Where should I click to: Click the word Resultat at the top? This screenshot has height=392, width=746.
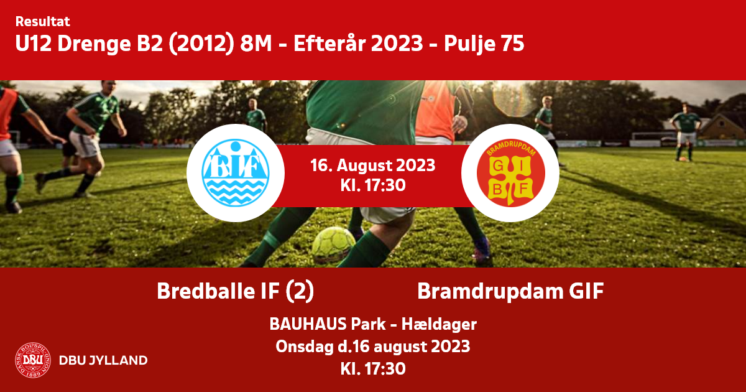43,22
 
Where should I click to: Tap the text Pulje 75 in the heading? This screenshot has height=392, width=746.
484,44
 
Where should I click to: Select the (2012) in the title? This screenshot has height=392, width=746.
201,44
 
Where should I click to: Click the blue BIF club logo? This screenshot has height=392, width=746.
235,173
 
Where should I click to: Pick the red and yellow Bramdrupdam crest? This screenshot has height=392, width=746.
510,173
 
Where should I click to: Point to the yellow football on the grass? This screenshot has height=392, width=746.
334,245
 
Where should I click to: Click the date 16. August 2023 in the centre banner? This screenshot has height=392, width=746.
372,166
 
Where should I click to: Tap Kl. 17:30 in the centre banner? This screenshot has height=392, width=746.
372,185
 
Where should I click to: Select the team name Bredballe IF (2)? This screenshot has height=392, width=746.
235,291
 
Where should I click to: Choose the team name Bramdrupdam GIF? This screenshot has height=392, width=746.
510,291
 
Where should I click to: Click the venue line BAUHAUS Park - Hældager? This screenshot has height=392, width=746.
373,324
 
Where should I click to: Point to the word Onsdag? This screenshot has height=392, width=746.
305,347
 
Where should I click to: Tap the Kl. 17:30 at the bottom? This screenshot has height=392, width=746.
373,369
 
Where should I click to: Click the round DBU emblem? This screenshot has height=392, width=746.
33,360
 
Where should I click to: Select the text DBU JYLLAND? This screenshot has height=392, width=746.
103,360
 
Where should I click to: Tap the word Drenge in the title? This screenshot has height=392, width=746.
94,44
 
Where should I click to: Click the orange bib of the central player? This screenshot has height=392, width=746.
435,110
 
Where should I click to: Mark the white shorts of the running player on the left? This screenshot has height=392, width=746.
85,144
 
